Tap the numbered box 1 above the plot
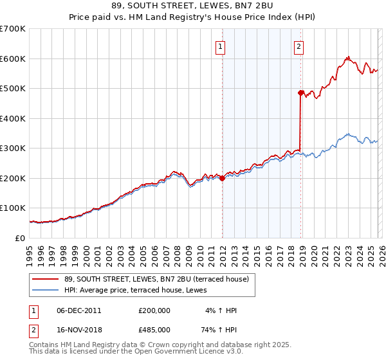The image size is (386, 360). (x=220, y=46)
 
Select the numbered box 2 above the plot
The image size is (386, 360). (x=299, y=46)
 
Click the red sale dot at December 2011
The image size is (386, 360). (x=222, y=179)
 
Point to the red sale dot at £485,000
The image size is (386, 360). (x=300, y=93)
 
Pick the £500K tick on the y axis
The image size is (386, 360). (x=13, y=89)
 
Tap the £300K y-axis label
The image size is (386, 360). (x=13, y=148)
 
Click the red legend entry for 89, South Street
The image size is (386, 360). (x=151, y=278)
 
